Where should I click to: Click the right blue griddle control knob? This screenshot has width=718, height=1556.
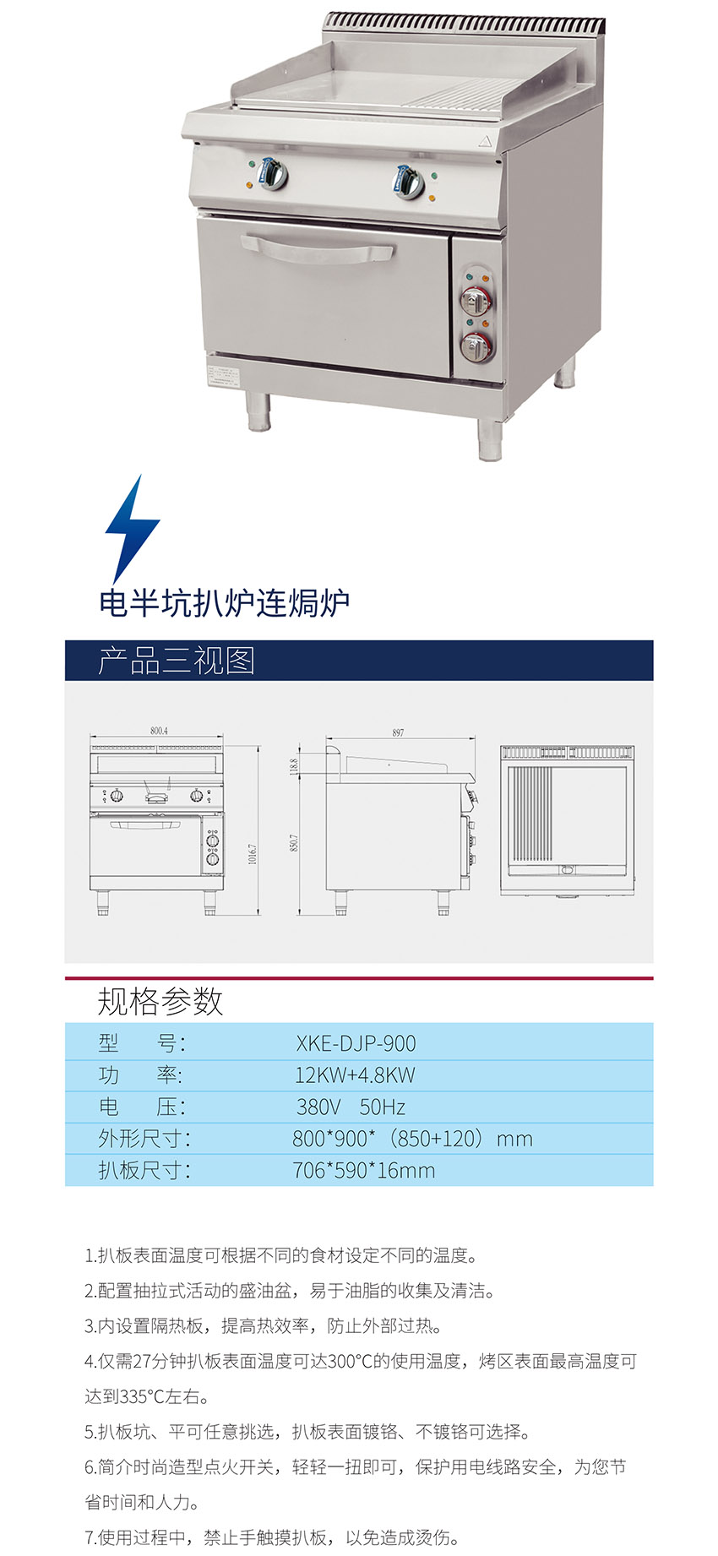pyautogui.click(x=410, y=179)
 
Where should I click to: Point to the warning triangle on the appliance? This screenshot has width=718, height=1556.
pyautogui.click(x=484, y=141)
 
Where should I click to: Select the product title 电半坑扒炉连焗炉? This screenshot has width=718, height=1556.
pyautogui.click(x=224, y=603)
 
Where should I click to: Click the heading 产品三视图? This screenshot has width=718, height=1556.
pyautogui.click(x=176, y=661)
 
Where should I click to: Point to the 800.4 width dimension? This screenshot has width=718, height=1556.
pyautogui.click(x=159, y=730)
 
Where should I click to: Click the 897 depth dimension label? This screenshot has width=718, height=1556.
pyautogui.click(x=398, y=732)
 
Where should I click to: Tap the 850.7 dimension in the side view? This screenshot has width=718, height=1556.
pyautogui.click(x=294, y=842)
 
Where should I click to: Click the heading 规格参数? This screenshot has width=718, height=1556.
pyautogui.click(x=160, y=1001)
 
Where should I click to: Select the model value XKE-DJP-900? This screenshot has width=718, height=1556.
pyautogui.click(x=356, y=1043)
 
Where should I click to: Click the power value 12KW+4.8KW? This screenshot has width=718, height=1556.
pyautogui.click(x=355, y=1075)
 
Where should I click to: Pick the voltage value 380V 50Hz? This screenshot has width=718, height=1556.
pyautogui.click(x=351, y=1107)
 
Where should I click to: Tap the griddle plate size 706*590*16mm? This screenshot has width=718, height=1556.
pyautogui.click(x=364, y=1171)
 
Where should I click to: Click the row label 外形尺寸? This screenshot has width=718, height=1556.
pyautogui.click(x=144, y=1139)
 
